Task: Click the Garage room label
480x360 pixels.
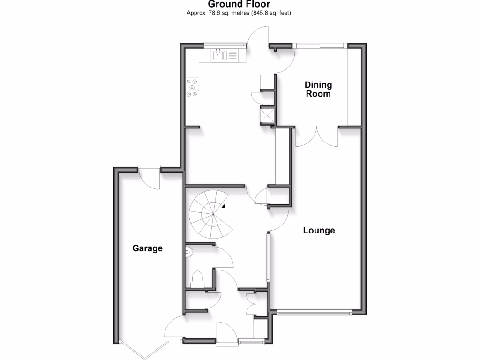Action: point(147,248)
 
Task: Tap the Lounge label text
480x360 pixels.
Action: point(319,231)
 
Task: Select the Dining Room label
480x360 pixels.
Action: point(318,89)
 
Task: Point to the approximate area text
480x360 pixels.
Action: point(239,13)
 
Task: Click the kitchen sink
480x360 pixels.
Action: point(219,55)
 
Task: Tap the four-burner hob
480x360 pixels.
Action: point(193,88)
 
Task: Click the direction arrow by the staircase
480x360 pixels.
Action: point(224,206)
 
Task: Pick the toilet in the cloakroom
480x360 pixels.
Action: point(197,279)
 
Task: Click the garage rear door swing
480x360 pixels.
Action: point(150,178)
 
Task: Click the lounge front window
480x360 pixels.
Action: point(314,312)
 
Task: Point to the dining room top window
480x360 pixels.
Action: point(321,45)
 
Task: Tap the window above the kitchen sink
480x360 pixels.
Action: point(225,45)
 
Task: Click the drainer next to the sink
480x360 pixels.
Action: point(233,55)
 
